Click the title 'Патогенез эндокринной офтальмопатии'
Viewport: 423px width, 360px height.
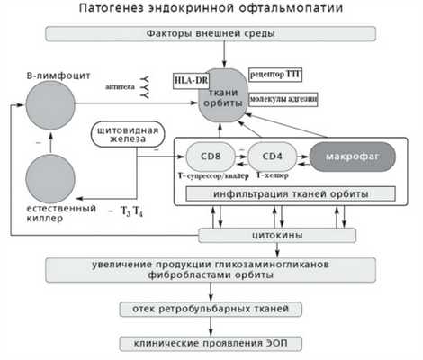click(x=211, y=10)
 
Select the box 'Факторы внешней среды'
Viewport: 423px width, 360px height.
click(x=211, y=35)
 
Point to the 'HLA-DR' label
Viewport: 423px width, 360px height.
click(x=190, y=80)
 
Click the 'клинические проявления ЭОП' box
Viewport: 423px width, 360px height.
click(x=211, y=344)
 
